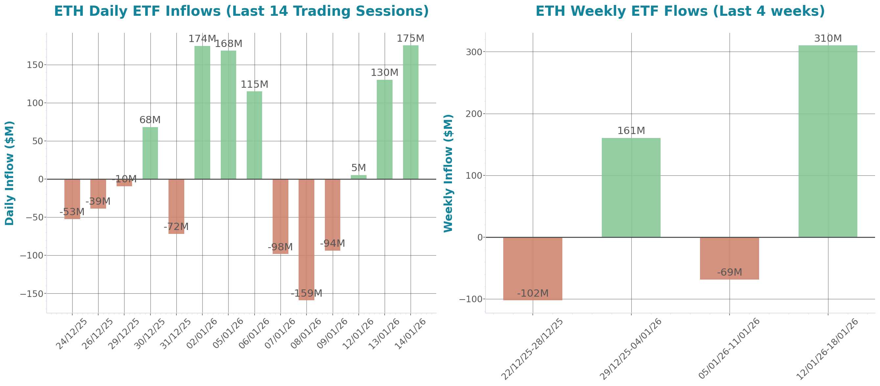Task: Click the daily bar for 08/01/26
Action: point(306,239)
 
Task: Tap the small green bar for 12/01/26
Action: point(359,177)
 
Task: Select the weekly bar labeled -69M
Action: point(729,258)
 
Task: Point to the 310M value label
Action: point(828,38)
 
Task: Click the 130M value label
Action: point(384,73)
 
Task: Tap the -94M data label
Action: point(332,243)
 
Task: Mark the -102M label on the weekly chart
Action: point(532,293)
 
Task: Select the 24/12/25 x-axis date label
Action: point(72,333)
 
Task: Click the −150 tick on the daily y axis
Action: point(32,294)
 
